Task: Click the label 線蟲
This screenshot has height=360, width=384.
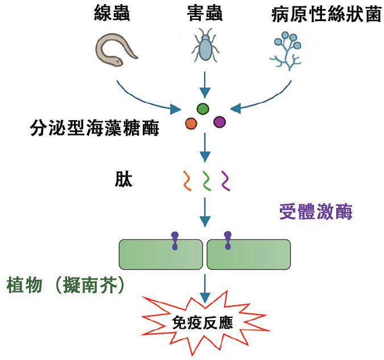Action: (112, 14)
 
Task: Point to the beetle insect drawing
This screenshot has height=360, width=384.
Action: (205, 48)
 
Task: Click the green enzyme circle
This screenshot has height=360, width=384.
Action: (203, 108)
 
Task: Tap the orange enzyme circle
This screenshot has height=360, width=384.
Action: (191, 123)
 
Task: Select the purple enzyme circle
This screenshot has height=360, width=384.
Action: (220, 122)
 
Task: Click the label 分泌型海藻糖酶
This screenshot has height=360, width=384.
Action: (94, 128)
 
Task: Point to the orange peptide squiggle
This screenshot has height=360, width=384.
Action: (186, 181)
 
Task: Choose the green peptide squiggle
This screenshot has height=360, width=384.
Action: (207, 181)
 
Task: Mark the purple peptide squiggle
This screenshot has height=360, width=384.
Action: (226, 181)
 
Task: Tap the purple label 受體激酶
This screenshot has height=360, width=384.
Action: (316, 212)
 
